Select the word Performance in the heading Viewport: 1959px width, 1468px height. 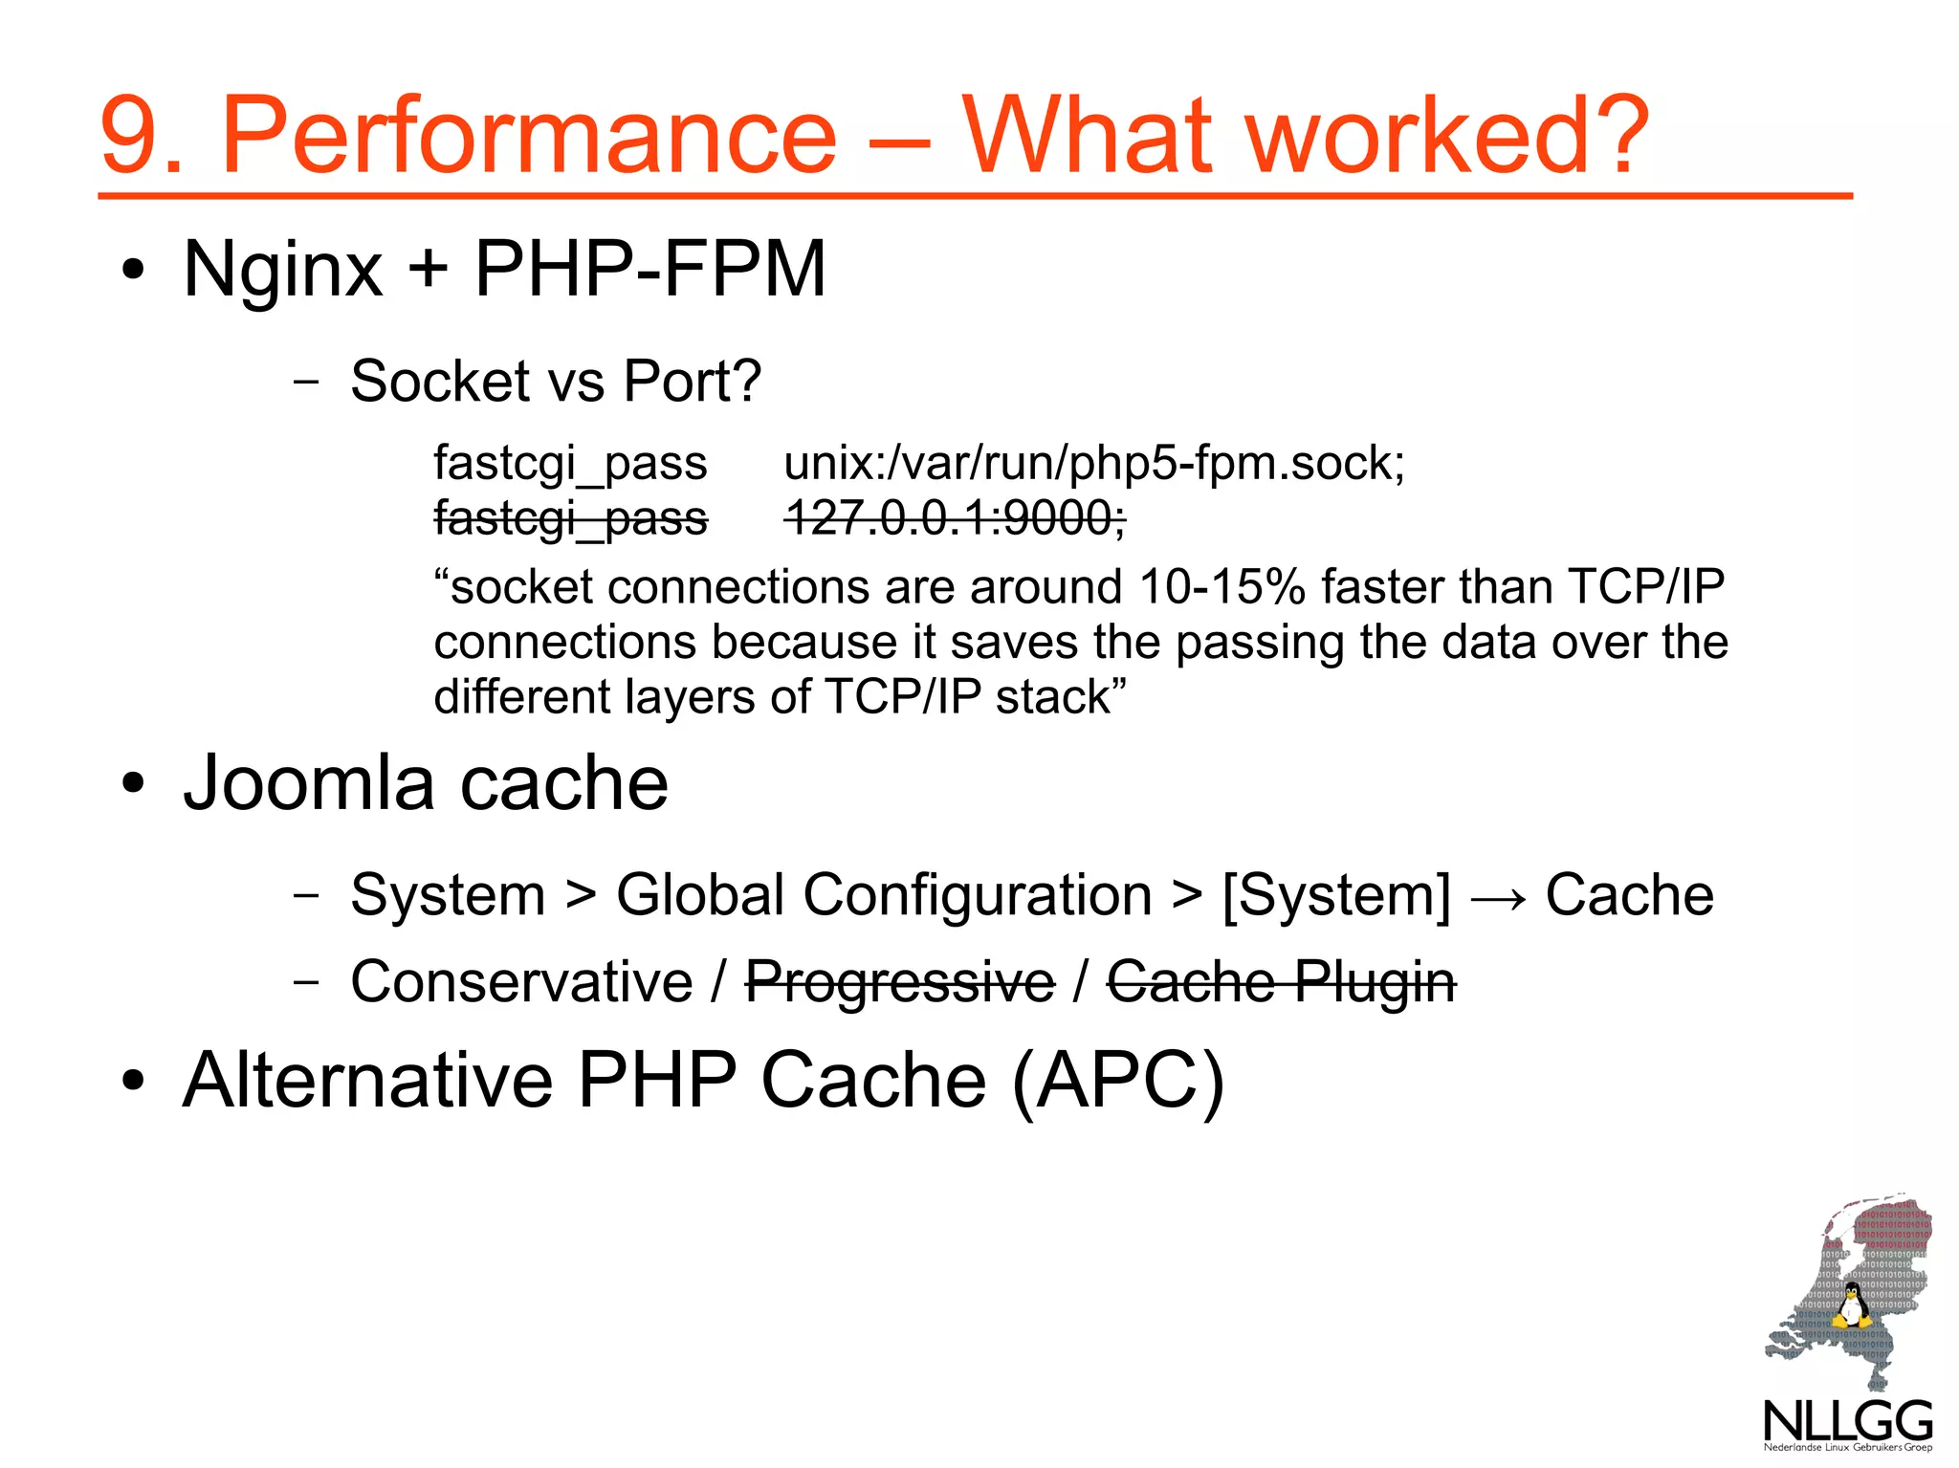(x=529, y=136)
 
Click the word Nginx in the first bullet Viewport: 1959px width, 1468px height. (x=283, y=270)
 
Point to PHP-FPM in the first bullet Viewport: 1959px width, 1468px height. (x=649, y=270)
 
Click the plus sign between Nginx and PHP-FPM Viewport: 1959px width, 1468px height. (x=428, y=270)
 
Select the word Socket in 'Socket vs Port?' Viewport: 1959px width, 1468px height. (x=439, y=381)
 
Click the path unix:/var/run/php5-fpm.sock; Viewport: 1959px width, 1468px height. (x=1093, y=464)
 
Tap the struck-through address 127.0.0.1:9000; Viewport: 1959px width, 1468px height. (x=955, y=519)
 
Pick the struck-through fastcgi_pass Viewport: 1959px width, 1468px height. (x=570, y=519)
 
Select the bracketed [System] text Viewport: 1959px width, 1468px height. (x=1336, y=896)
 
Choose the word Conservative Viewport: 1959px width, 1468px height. (x=521, y=982)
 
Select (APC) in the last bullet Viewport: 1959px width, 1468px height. (x=1117, y=1082)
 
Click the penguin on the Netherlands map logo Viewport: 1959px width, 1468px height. (x=1851, y=1306)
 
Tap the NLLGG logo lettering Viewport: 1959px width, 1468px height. (x=1848, y=1421)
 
